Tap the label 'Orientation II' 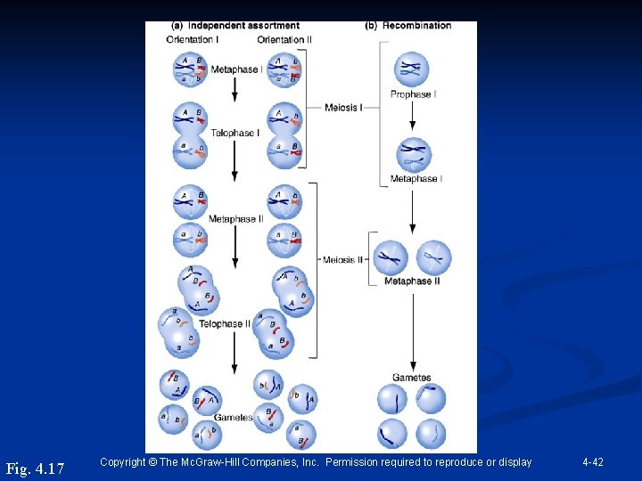tap(284, 39)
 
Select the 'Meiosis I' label tap(343, 108)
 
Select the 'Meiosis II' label tap(343, 260)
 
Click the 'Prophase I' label tap(411, 94)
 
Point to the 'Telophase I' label tap(235, 133)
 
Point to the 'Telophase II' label tap(225, 323)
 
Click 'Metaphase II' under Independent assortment tap(235, 219)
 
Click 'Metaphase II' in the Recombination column tap(412, 281)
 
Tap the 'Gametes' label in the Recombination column tap(412, 378)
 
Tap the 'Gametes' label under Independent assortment tap(234, 417)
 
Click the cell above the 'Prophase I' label tap(412, 69)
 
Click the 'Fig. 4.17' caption tap(36, 468)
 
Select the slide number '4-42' tap(593, 462)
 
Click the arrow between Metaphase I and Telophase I tap(235, 87)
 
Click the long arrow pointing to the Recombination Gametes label tap(412, 330)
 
